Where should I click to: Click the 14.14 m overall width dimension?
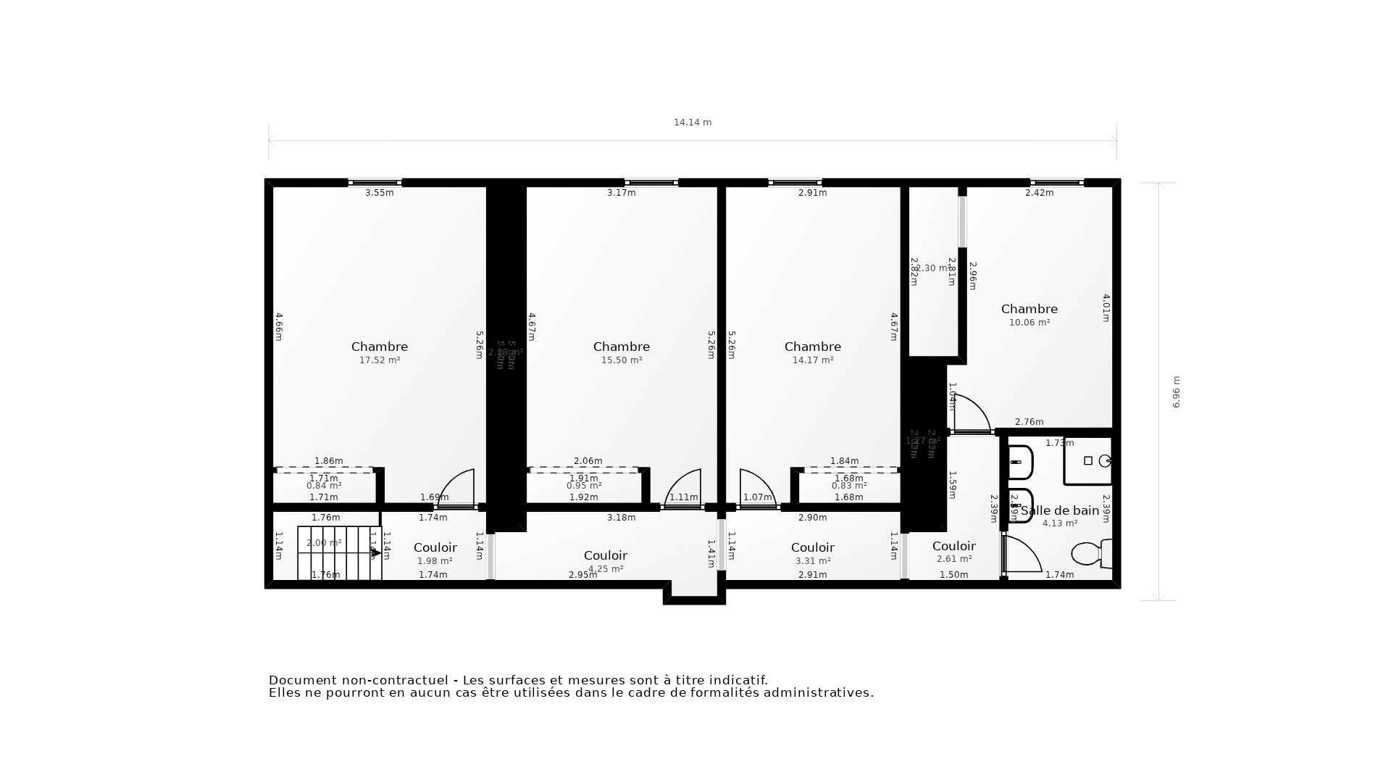(x=693, y=123)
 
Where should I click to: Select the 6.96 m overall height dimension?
(x=1176, y=391)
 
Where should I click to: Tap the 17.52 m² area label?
(x=380, y=360)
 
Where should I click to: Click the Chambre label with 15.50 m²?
(x=621, y=347)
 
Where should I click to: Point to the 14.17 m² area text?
(x=812, y=360)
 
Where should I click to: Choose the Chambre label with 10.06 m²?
(x=1029, y=310)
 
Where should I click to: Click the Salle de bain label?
(x=1060, y=510)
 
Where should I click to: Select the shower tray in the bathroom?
(x=1088, y=461)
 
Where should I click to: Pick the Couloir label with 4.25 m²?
(x=606, y=556)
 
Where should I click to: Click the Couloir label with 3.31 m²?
(x=812, y=548)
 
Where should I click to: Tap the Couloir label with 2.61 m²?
(x=953, y=547)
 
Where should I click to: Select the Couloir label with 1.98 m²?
(x=435, y=548)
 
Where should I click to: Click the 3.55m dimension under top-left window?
(x=379, y=193)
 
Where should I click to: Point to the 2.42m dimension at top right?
(x=1039, y=193)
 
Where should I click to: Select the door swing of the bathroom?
(x=1022, y=555)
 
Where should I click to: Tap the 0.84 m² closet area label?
(x=324, y=486)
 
